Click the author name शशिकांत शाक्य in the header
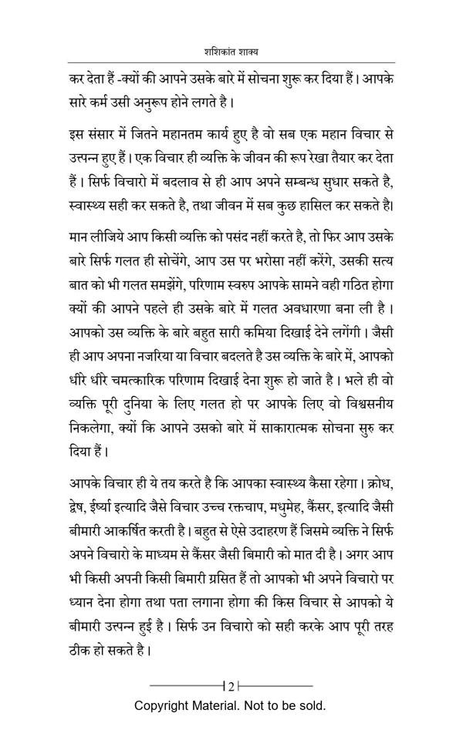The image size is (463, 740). (x=231, y=52)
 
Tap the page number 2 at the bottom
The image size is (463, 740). (x=231, y=685)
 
